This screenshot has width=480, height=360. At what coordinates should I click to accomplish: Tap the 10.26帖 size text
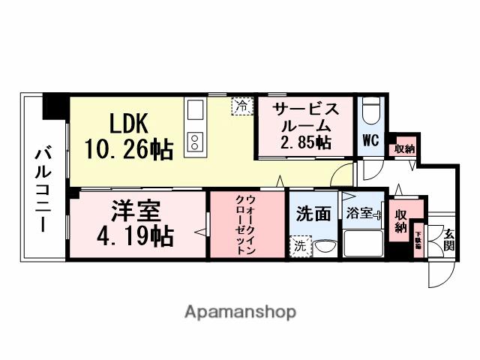pyautogui.click(x=128, y=148)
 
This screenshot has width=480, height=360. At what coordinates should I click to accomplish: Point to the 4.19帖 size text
pyautogui.click(x=136, y=236)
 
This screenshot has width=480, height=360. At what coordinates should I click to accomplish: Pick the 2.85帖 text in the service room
pyautogui.click(x=305, y=142)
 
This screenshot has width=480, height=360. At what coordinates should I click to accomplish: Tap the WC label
pyautogui.click(x=370, y=141)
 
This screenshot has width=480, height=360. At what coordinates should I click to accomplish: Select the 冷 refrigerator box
pyautogui.click(x=241, y=106)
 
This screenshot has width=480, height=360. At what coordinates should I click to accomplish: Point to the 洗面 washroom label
pyautogui.click(x=313, y=214)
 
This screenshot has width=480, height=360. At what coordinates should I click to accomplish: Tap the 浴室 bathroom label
pyautogui.click(x=359, y=214)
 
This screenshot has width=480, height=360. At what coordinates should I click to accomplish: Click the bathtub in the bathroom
pyautogui.click(x=362, y=243)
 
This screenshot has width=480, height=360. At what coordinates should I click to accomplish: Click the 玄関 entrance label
pyautogui.click(x=448, y=238)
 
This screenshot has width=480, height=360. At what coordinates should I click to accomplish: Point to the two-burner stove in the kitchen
pyautogui.click(x=194, y=141)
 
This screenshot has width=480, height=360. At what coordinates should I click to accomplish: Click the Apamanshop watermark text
pyautogui.click(x=240, y=311)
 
